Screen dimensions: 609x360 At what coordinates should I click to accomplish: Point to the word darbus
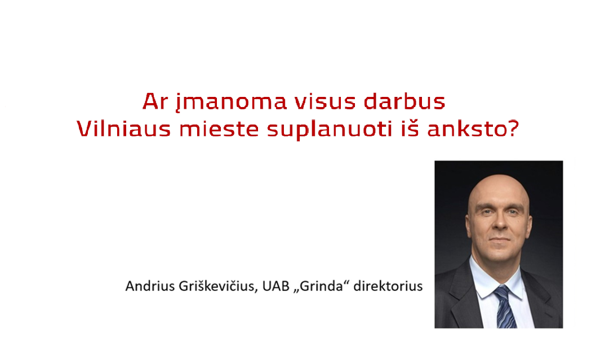pyautogui.click(x=404, y=101)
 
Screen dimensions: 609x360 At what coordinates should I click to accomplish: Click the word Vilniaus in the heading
pyautogui.click(x=124, y=128)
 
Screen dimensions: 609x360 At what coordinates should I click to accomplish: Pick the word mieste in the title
pyautogui.click(x=219, y=128)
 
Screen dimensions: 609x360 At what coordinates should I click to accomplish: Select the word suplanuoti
pyautogui.click(x=330, y=130)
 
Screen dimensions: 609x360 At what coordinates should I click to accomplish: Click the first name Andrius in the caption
pyautogui.click(x=150, y=286)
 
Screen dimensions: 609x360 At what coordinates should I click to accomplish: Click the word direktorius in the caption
pyautogui.click(x=388, y=286)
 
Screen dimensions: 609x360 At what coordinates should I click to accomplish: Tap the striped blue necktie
pyautogui.click(x=505, y=307)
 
